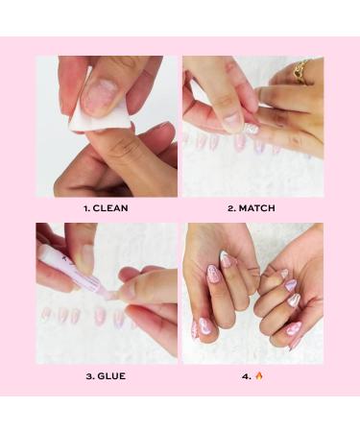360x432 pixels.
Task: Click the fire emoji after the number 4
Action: pos(258,374)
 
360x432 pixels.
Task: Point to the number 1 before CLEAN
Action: pos(87,207)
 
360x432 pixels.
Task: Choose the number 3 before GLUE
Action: pos(89,374)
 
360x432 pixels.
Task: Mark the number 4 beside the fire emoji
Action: pos(248,374)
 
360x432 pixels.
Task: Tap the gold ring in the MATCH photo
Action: pos(303,69)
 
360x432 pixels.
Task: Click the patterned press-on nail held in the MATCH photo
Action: pos(252,126)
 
